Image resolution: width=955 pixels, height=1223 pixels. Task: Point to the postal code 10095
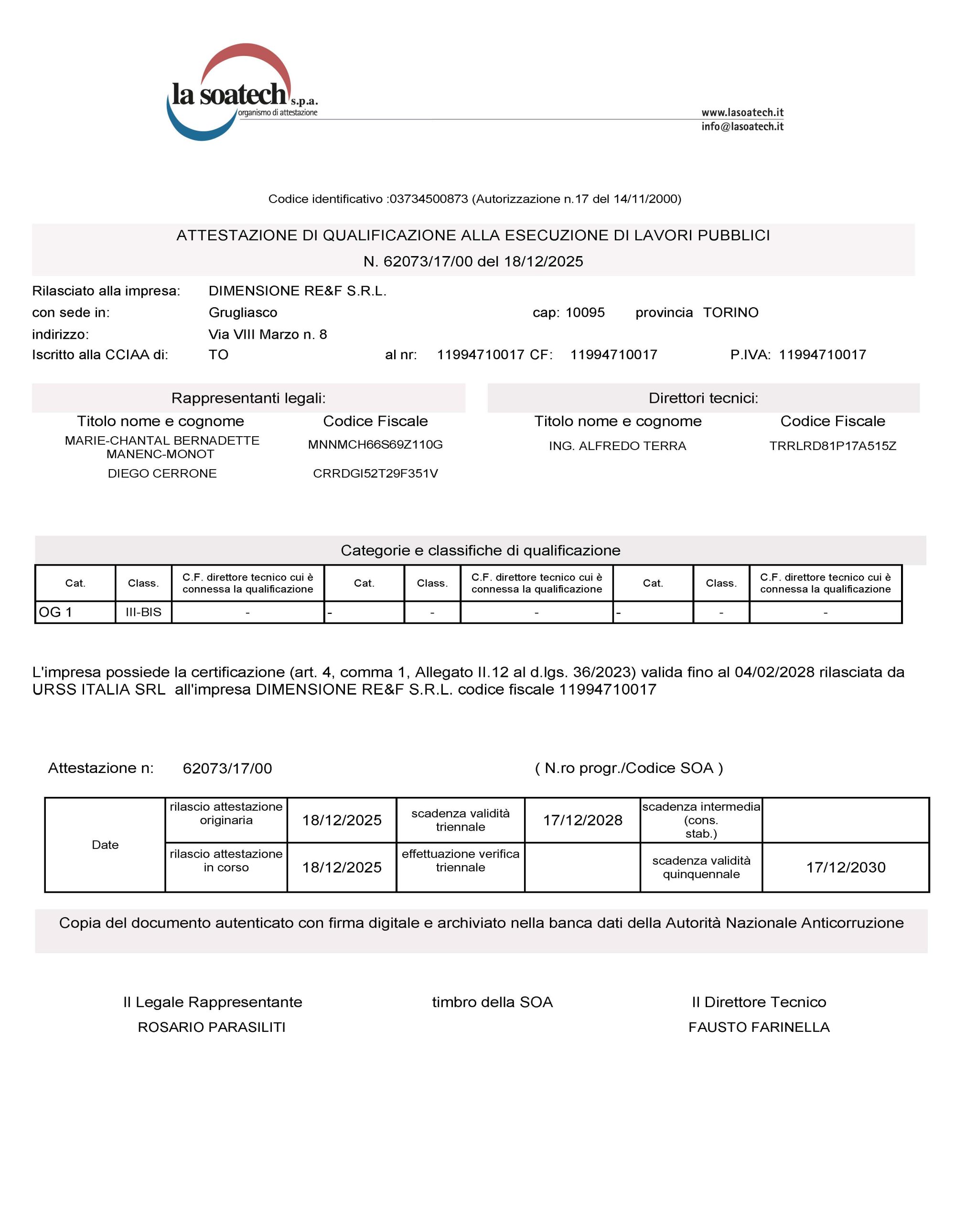click(x=585, y=312)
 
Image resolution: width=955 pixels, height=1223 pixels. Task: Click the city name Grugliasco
click(x=243, y=312)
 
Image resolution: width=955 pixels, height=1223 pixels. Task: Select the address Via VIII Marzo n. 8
click(x=268, y=334)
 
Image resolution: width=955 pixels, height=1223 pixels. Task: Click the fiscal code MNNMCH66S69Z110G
click(x=376, y=445)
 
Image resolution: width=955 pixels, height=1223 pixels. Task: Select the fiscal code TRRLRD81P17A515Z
click(x=832, y=446)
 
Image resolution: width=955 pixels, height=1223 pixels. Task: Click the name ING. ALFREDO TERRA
click(x=617, y=446)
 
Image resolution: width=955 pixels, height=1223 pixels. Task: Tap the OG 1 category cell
click(x=75, y=612)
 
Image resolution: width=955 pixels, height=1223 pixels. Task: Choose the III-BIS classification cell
click(x=143, y=612)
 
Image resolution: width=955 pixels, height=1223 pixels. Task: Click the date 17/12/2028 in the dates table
click(x=582, y=820)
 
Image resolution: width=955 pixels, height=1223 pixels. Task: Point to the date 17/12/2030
click(x=845, y=868)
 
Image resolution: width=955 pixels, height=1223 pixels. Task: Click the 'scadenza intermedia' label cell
click(x=701, y=820)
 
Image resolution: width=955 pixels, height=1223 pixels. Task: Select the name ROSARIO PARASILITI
click(x=212, y=1027)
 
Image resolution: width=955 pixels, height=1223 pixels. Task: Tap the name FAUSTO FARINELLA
click(x=759, y=1027)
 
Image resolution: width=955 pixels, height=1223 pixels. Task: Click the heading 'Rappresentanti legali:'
click(x=248, y=398)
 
